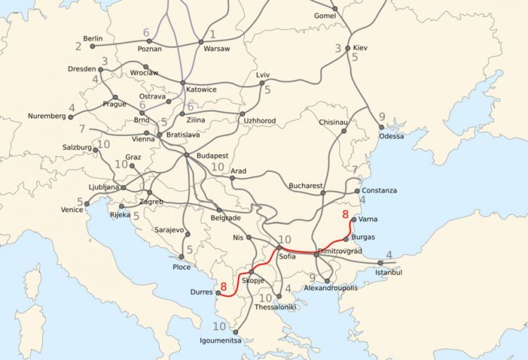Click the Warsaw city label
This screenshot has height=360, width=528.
click(x=216, y=49)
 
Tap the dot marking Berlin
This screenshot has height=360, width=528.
click(x=92, y=46)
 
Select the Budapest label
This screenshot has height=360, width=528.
click(x=211, y=155)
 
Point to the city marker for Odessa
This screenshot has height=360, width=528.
click(x=382, y=128)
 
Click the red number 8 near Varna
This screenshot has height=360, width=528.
click(x=344, y=215)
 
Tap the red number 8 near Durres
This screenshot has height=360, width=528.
click(x=224, y=286)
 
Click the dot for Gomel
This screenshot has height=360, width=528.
click(x=335, y=8)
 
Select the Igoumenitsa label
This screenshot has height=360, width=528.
click(x=219, y=341)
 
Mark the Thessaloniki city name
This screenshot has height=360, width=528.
click(x=276, y=307)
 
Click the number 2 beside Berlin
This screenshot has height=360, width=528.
click(x=78, y=46)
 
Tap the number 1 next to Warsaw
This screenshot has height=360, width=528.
click(x=213, y=33)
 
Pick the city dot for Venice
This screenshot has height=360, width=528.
click(x=87, y=204)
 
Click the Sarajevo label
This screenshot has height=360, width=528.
click(x=169, y=230)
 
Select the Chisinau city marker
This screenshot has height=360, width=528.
click(x=344, y=131)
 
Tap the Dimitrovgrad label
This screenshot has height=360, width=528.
click(x=340, y=251)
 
